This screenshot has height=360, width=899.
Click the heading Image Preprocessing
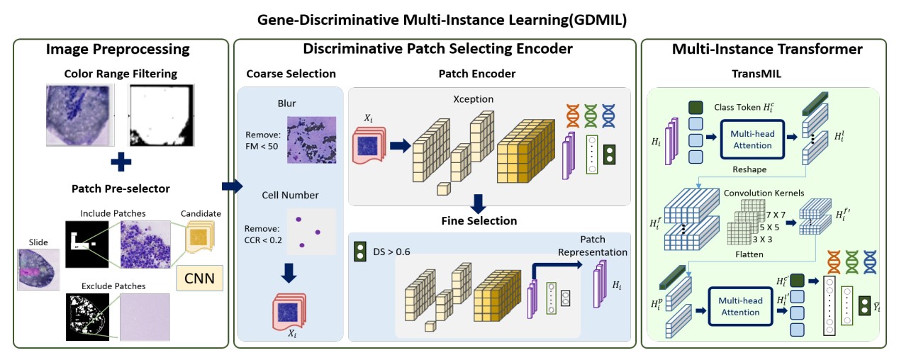[x=118, y=49]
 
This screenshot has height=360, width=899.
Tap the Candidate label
[x=200, y=213]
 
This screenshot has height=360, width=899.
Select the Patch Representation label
[x=593, y=246]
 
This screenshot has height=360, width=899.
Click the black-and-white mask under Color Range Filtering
[x=161, y=114]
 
